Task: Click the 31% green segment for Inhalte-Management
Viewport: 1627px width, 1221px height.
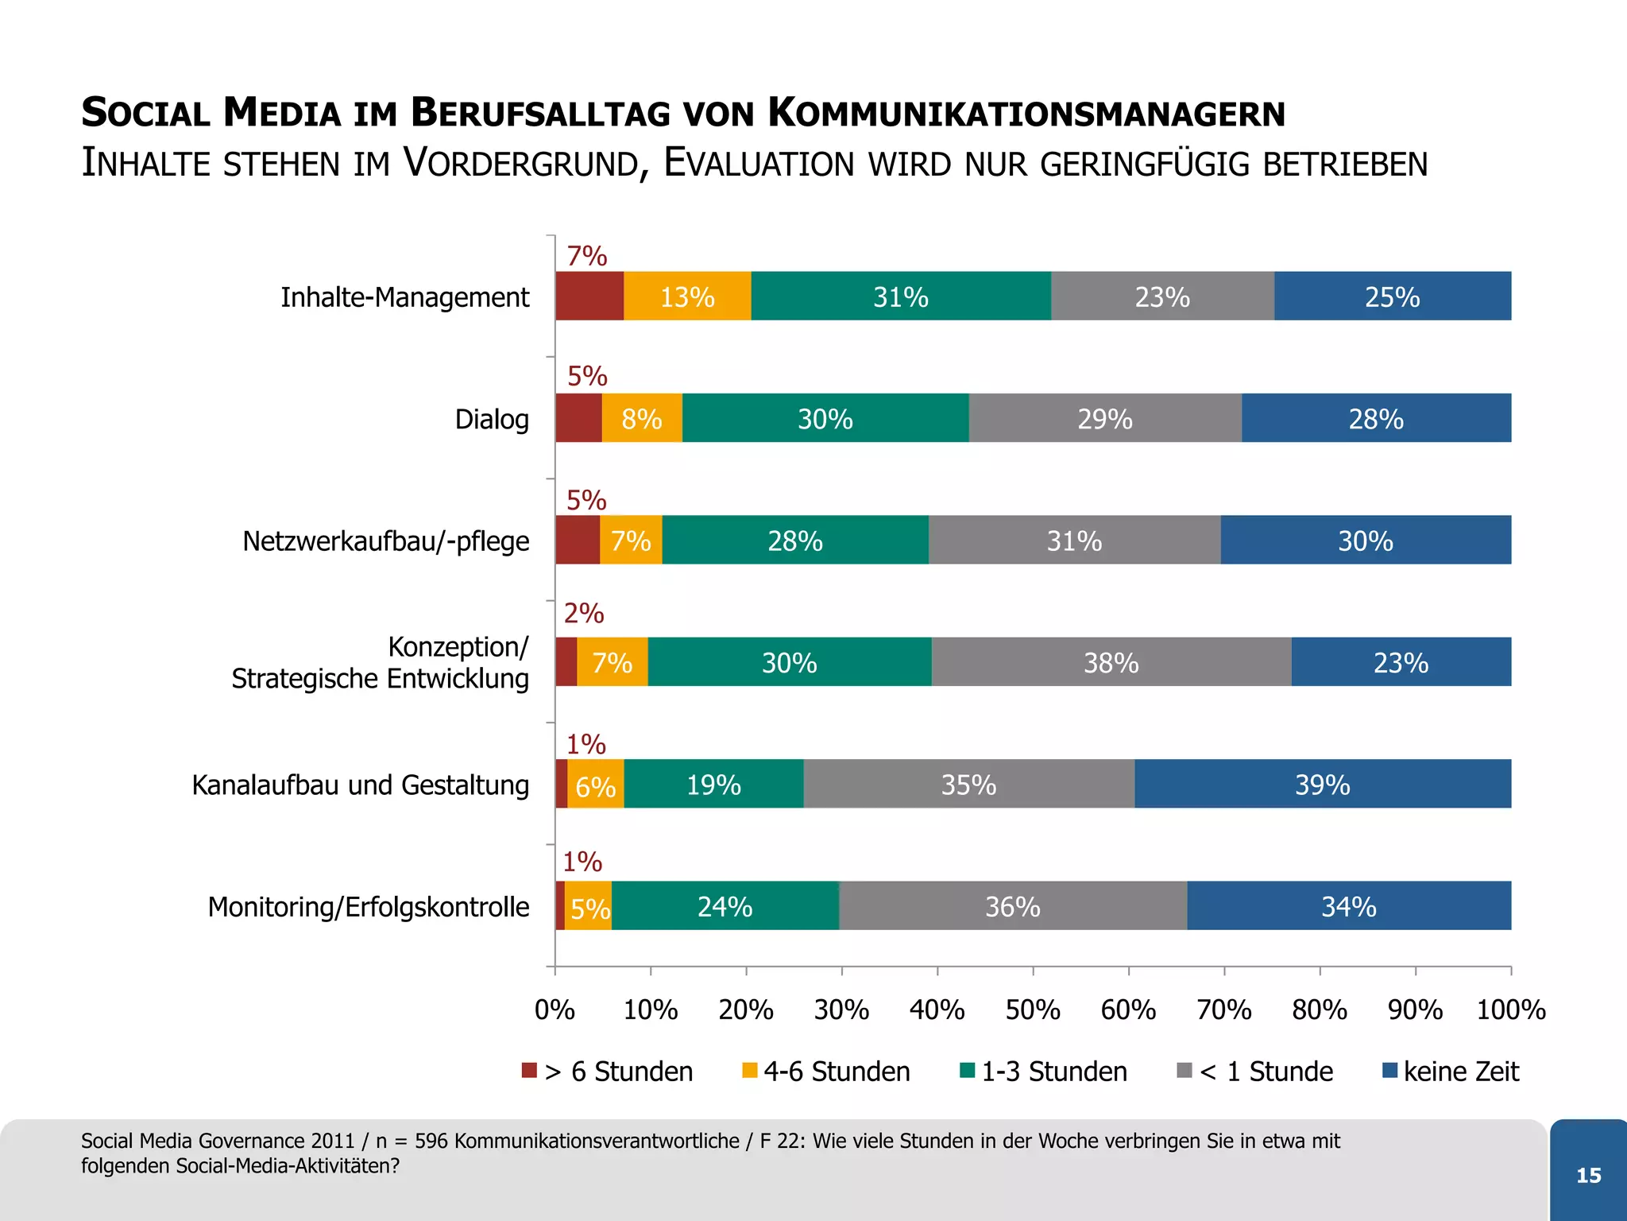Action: (901, 297)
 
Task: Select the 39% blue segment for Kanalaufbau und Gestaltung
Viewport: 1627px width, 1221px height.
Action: (1323, 785)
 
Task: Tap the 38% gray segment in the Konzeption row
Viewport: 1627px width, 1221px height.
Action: (1111, 662)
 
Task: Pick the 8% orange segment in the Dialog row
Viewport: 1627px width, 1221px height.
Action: (642, 419)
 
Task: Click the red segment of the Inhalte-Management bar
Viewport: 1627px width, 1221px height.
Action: (589, 297)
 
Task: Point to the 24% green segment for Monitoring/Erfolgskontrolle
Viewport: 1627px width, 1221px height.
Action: (725, 906)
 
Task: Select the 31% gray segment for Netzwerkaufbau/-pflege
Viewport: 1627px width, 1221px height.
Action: (1074, 541)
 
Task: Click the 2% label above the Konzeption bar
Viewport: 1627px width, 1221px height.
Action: (584, 614)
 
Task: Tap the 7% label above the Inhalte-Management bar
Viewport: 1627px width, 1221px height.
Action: (586, 256)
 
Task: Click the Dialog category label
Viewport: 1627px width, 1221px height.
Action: (492, 419)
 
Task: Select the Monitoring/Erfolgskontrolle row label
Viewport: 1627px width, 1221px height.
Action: (369, 907)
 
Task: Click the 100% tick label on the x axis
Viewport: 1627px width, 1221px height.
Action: (1510, 1010)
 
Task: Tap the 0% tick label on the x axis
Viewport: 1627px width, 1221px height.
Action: (555, 1010)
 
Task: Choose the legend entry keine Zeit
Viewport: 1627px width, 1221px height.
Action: (1460, 1072)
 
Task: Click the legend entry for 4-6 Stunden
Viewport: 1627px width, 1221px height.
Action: (836, 1072)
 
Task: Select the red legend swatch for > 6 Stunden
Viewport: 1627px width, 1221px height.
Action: (529, 1070)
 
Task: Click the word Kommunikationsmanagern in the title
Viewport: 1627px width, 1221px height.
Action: (1026, 112)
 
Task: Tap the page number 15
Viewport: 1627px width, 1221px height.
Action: (1588, 1175)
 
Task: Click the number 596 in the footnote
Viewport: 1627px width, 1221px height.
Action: (431, 1141)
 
